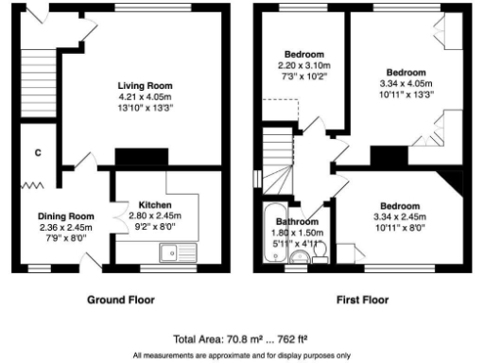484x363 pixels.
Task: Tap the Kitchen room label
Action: tap(155, 205)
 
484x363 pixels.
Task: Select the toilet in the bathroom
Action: tap(319, 251)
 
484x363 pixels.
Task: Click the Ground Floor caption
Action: tap(121, 300)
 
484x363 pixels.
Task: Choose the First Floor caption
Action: tap(363, 300)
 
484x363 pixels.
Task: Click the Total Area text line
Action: tap(241, 337)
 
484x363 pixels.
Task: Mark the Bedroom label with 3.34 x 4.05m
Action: tap(406, 72)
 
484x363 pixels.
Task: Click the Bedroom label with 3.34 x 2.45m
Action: tap(401, 206)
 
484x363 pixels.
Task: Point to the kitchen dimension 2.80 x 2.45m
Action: tap(155, 216)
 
